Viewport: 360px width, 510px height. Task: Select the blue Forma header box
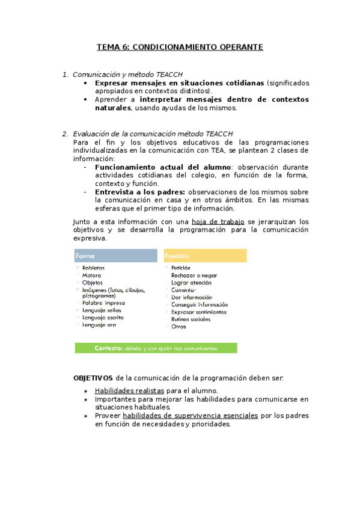coord(115,256)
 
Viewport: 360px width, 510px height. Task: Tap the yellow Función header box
coord(205,256)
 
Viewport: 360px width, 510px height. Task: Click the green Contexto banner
coord(156,348)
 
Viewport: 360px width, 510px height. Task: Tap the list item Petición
coord(180,268)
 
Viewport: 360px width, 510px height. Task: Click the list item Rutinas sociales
coord(191,319)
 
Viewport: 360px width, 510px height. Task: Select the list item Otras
coord(178,327)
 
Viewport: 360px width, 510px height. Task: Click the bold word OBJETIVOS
coord(93,378)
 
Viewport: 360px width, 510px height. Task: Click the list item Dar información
coord(191,297)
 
